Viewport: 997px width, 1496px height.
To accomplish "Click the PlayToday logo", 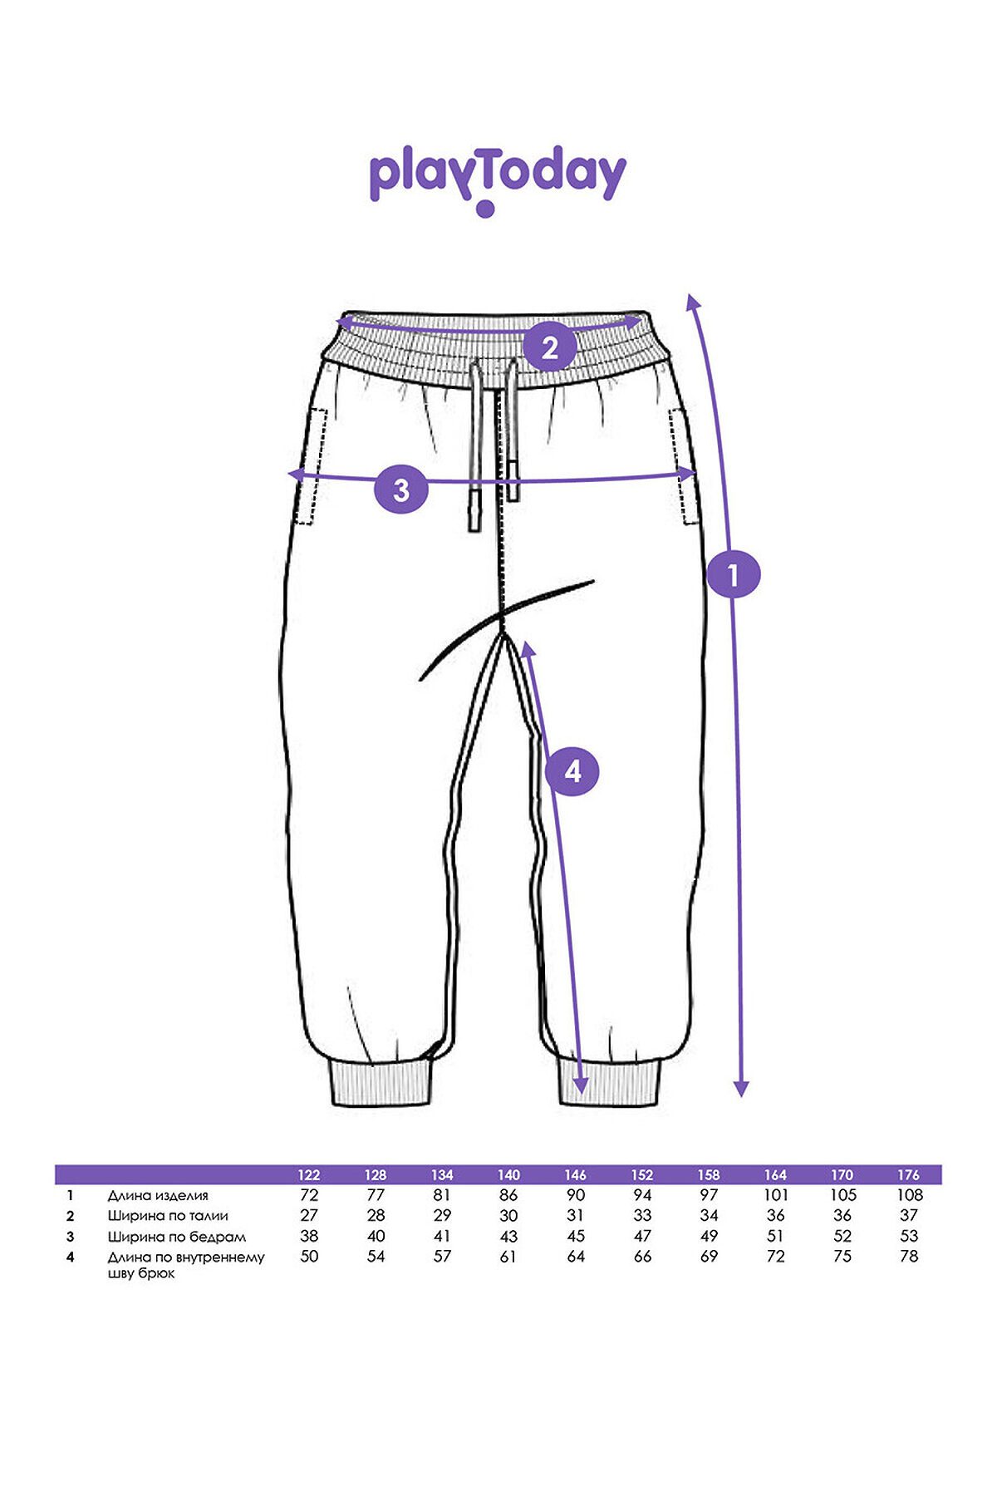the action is point(497,181).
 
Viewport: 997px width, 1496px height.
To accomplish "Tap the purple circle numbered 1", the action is point(734,573).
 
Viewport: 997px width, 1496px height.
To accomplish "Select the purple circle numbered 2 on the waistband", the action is point(550,347).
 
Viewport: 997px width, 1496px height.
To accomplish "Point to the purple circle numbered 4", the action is point(572,771).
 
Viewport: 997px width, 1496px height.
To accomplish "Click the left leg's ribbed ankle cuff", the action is point(382,1082).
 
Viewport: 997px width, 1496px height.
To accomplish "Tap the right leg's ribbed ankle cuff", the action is point(610,1082).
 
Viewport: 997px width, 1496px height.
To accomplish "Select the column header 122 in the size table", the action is point(308,1175).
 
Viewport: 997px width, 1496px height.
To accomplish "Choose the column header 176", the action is point(909,1175).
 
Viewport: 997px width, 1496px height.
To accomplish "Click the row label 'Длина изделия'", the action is point(158,1196).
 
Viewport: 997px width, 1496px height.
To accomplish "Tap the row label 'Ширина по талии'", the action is point(168,1216).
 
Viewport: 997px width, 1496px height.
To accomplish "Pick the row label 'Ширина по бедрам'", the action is point(177,1237).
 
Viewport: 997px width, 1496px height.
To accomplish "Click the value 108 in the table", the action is point(910,1195).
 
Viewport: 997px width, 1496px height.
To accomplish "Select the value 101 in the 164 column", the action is point(775,1195).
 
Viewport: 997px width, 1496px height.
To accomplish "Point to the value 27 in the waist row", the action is point(308,1216).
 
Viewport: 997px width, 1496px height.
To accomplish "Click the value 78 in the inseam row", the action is point(909,1257).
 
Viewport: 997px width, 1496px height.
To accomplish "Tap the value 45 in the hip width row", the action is point(576,1237).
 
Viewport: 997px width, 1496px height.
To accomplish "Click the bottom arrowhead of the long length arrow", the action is point(741,1089).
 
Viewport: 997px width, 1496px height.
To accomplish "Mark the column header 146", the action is point(576,1175).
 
